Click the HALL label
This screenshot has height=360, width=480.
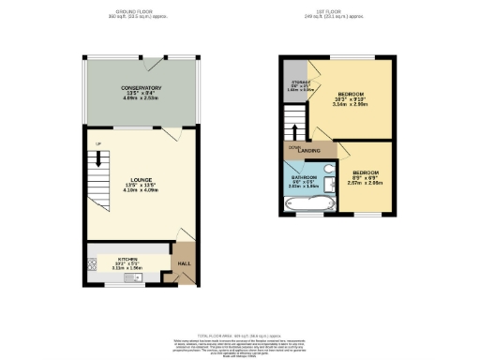click(x=185, y=263)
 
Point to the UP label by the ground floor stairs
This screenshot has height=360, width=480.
click(x=97, y=143)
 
